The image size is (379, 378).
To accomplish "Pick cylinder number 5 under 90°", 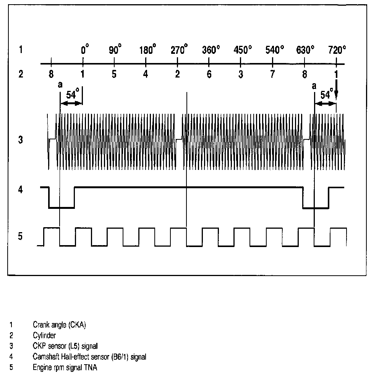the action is click(x=114, y=74).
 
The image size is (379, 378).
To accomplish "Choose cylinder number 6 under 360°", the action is click(x=209, y=74).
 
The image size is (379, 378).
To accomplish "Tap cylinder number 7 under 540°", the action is click(x=272, y=74).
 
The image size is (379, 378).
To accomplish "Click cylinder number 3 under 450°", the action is click(x=240, y=74).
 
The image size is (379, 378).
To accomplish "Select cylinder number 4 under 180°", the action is click(x=146, y=74).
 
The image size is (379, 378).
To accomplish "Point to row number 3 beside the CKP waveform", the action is click(x=21, y=140).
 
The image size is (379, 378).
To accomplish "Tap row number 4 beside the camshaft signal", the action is click(x=21, y=190).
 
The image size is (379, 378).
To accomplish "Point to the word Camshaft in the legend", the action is click(x=45, y=357).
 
